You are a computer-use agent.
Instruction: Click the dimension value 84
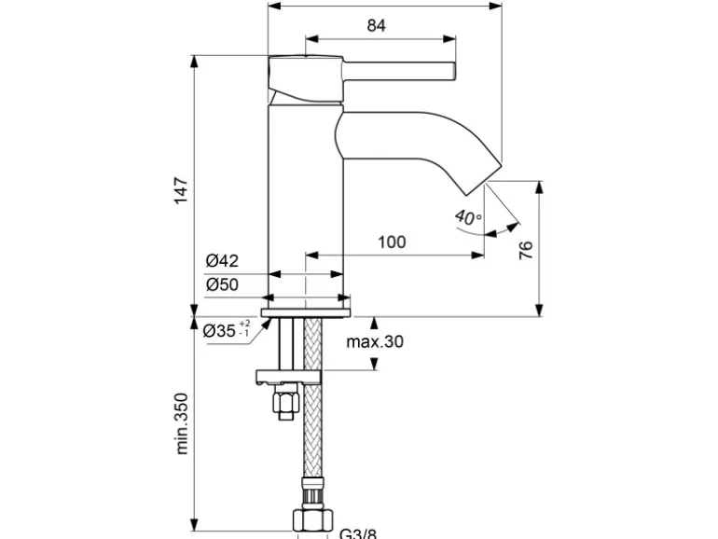point(376,26)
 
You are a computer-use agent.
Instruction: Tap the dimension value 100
point(392,242)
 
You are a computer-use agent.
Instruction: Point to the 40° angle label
point(468,217)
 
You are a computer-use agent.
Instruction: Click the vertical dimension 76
point(525,249)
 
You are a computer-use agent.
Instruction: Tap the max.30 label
point(376,342)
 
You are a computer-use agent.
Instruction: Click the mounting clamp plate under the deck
point(289,377)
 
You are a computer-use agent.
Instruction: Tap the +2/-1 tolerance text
point(244,327)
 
